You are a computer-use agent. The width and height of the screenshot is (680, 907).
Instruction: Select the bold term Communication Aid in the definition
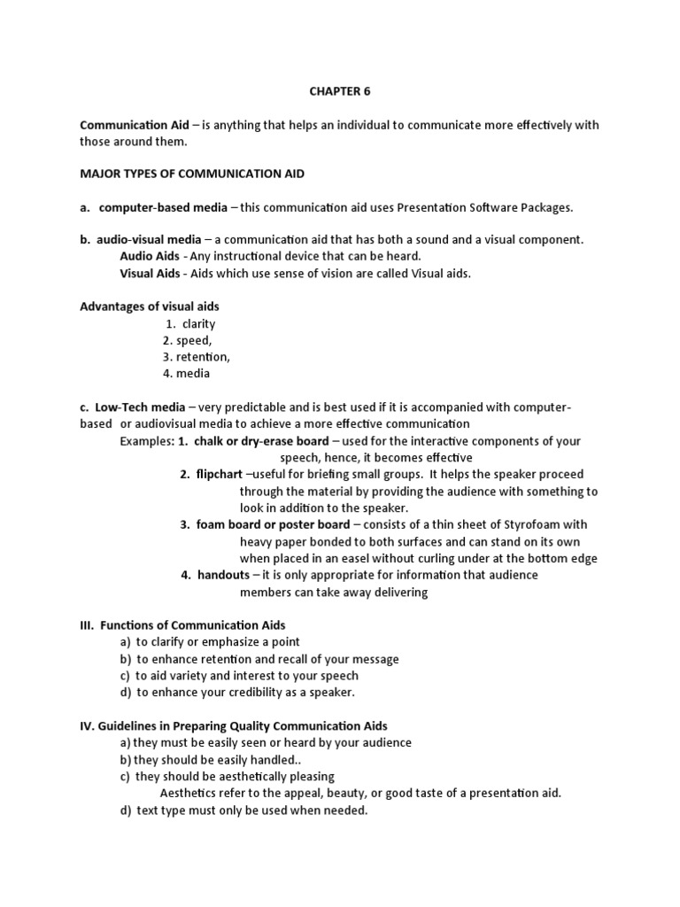[135, 125]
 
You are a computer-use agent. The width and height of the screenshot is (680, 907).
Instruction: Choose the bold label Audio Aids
[150, 257]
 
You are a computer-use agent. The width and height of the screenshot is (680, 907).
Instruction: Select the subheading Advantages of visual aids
[150, 306]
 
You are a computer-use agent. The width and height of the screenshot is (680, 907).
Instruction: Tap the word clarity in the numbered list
[198, 323]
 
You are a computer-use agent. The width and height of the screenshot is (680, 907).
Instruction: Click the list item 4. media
[186, 374]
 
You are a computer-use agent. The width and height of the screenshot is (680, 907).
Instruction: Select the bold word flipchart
[220, 475]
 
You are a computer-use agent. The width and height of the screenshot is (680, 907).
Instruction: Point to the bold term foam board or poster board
[273, 524]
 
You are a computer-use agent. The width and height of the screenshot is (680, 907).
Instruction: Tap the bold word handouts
[223, 575]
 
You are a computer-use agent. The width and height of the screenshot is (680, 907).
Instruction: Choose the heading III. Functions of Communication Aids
[182, 625]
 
